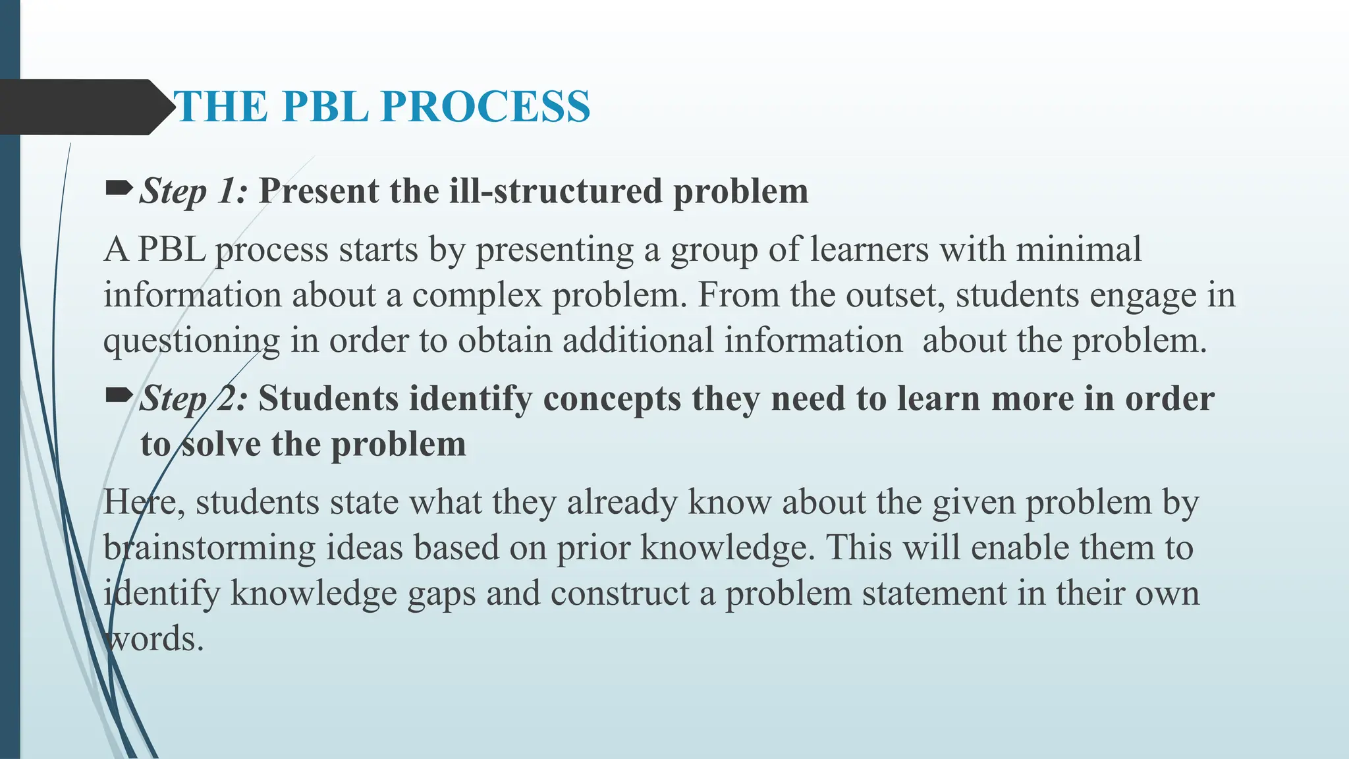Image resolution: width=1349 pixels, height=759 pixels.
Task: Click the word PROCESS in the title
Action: [x=485, y=107]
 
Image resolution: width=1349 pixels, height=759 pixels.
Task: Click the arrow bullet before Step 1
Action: [x=119, y=190]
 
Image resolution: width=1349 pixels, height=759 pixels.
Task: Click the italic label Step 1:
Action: [x=194, y=192]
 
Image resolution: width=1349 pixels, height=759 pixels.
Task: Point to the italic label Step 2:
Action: [x=194, y=399]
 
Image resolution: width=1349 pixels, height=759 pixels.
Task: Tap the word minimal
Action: [x=1078, y=250]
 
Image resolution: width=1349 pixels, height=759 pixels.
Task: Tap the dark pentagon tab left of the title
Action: [x=79, y=107]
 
